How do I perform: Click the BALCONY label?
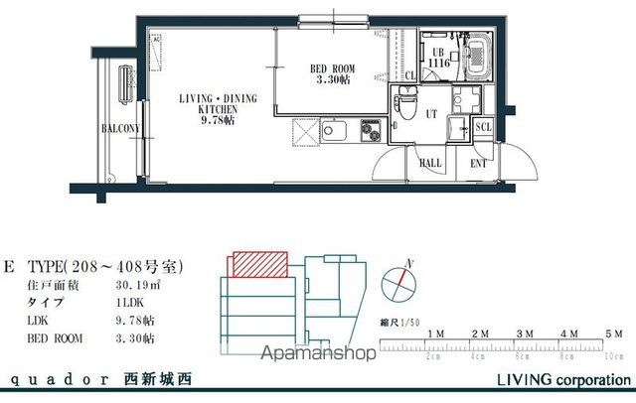[120, 128]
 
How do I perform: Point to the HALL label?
[430, 163]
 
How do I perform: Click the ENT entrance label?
[478, 163]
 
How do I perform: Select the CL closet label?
[411, 75]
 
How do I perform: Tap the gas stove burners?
[371, 131]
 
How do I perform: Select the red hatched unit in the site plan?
[258, 263]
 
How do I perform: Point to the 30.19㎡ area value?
[139, 286]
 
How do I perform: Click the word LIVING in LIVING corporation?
[522, 380]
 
